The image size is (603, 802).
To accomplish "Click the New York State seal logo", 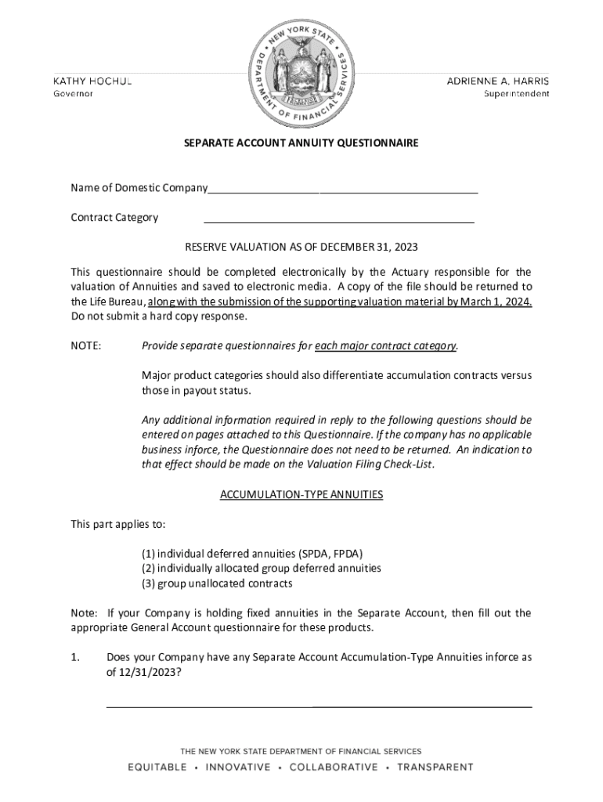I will click(301, 70).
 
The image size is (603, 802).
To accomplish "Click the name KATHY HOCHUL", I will click(92, 81).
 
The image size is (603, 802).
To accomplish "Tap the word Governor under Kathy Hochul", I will click(73, 94).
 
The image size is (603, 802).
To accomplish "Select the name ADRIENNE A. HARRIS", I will click(497, 81).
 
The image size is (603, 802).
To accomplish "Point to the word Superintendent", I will click(516, 94).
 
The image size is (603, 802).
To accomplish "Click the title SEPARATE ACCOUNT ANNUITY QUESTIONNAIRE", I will click(301, 143).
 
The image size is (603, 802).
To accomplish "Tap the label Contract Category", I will click(114, 218).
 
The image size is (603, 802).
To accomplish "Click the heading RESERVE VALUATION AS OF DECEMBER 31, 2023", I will click(301, 247).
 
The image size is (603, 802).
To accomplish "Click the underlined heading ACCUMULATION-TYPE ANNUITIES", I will click(301, 495).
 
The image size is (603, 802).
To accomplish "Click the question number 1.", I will click(75, 658).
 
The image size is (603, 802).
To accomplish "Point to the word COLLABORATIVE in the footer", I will click(334, 768).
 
